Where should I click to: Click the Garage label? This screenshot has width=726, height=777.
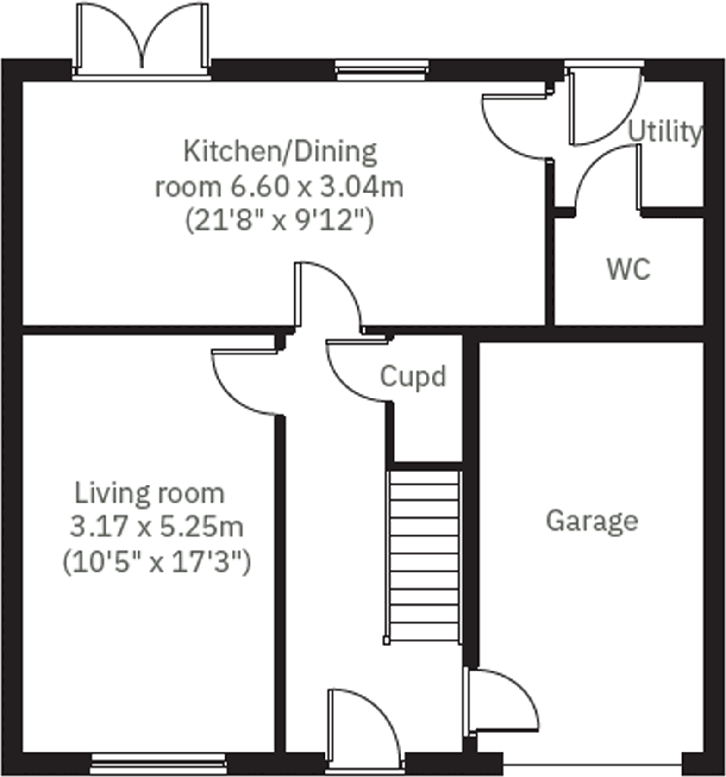point(592,521)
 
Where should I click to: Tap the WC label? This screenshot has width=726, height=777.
point(628,268)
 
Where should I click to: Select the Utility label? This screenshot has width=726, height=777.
point(665,132)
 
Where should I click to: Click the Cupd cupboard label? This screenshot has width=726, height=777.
point(413,377)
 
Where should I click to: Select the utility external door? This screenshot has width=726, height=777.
point(604,109)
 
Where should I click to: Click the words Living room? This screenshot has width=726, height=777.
point(150,493)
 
